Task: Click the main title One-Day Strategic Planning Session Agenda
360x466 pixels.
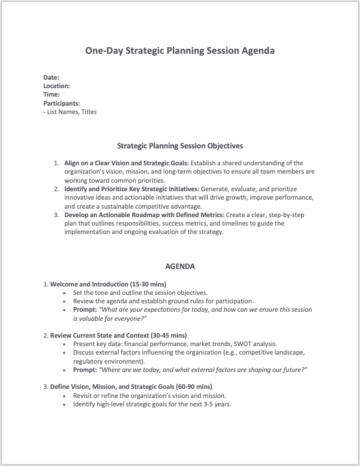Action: tap(180, 50)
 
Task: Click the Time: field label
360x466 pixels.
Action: tap(52, 95)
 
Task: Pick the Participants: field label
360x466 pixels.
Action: tap(62, 103)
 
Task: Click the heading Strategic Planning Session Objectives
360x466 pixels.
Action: tap(180, 146)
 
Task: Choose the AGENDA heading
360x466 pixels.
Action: tap(180, 266)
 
